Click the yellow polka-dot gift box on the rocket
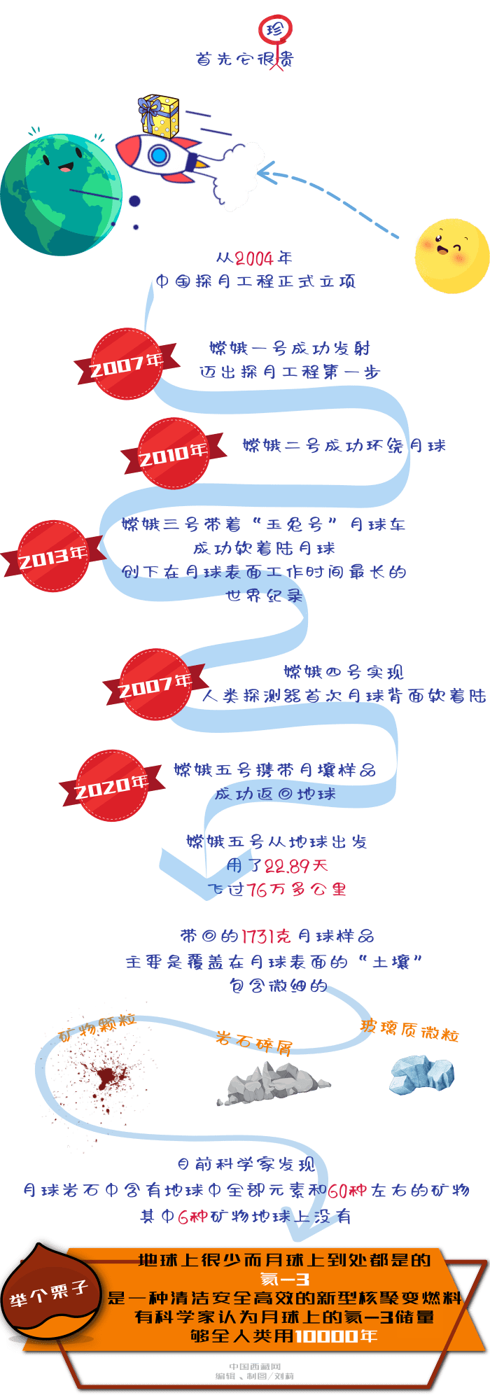(x=160, y=115)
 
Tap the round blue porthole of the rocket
(x=159, y=155)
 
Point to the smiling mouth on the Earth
(x=65, y=168)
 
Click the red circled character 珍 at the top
(x=276, y=29)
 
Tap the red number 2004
(x=254, y=258)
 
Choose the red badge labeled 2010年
(x=173, y=454)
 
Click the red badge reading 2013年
(x=52, y=556)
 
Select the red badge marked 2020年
(x=111, y=785)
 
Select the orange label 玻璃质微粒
(x=409, y=1029)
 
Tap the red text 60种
(x=348, y=1191)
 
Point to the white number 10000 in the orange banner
(x=326, y=1336)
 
